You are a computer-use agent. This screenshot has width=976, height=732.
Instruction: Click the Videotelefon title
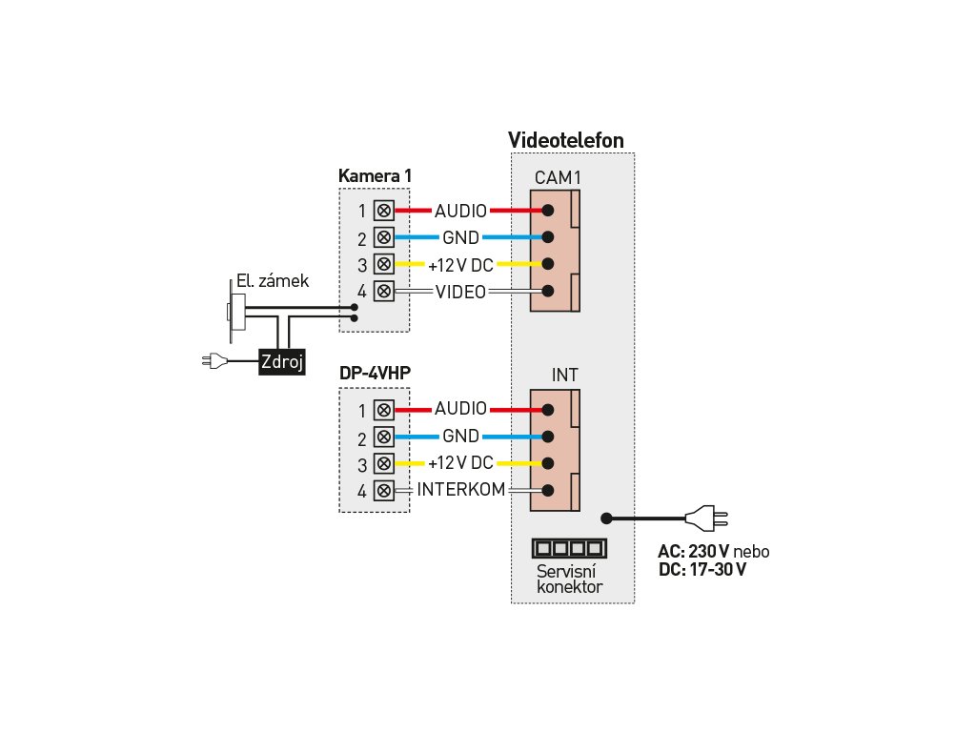pyautogui.click(x=566, y=140)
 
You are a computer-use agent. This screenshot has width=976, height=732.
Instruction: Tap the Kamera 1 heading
pyautogui.click(x=375, y=176)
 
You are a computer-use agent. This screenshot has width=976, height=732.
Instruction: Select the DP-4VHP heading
pyautogui.click(x=375, y=373)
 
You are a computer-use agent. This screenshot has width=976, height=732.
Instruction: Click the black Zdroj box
pyautogui.click(x=282, y=361)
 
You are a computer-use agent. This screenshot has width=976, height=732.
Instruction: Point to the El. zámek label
pyautogui.click(x=273, y=281)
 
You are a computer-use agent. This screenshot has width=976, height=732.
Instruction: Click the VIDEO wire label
pyautogui.click(x=460, y=292)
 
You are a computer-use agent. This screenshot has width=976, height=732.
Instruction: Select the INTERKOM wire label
pyautogui.click(x=461, y=489)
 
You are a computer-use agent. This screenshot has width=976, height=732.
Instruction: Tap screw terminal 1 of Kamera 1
pyautogui.click(x=384, y=211)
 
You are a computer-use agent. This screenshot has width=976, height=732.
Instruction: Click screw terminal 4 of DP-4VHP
pyautogui.click(x=384, y=491)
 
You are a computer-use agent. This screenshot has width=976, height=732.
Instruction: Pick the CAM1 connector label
pyautogui.click(x=558, y=178)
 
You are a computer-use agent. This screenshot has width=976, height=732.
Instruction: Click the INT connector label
pyautogui.click(x=564, y=375)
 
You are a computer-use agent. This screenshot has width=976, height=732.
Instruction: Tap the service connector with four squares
pyautogui.click(x=569, y=548)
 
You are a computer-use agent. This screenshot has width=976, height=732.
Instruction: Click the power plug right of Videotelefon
pyautogui.click(x=706, y=518)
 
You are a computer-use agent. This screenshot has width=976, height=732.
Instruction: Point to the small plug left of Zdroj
pyautogui.click(x=214, y=360)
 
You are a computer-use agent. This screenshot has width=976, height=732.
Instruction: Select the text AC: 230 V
pyautogui.click(x=694, y=552)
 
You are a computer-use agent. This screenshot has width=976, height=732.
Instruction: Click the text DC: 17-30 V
pyautogui.click(x=702, y=570)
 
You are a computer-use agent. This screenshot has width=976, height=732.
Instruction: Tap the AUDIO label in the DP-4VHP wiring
pyautogui.click(x=460, y=408)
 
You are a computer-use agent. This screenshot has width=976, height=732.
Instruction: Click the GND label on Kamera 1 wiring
pyautogui.click(x=460, y=237)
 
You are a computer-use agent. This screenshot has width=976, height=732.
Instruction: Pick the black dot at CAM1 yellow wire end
pyautogui.click(x=548, y=264)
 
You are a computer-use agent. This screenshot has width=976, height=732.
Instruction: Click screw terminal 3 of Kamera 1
pyautogui.click(x=384, y=264)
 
